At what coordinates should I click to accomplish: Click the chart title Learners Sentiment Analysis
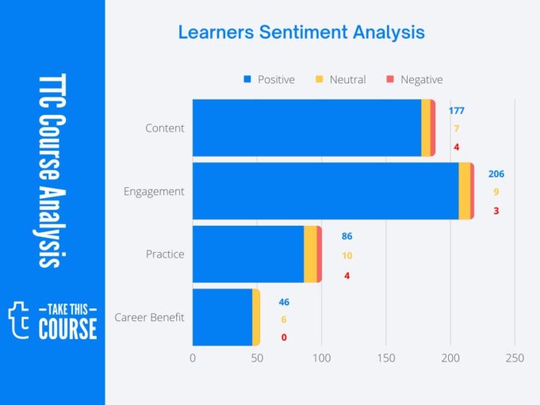(301, 32)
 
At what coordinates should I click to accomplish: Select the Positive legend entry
(269, 79)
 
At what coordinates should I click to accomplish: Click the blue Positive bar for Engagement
(325, 191)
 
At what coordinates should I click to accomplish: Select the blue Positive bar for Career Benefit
(222, 317)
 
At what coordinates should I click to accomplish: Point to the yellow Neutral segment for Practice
(310, 254)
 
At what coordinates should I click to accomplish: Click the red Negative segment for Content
(433, 128)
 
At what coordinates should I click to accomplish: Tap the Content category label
(165, 128)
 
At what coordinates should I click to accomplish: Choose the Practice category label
(165, 254)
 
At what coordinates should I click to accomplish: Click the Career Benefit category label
(149, 318)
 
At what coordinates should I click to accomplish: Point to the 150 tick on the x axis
(386, 358)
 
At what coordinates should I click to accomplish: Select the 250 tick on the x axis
(515, 358)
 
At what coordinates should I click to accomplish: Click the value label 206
(496, 174)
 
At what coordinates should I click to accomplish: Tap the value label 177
(456, 110)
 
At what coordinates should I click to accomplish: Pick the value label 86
(347, 236)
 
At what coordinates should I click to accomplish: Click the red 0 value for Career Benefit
(284, 337)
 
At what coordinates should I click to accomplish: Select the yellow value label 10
(347, 256)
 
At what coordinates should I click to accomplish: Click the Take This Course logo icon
(19, 319)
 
